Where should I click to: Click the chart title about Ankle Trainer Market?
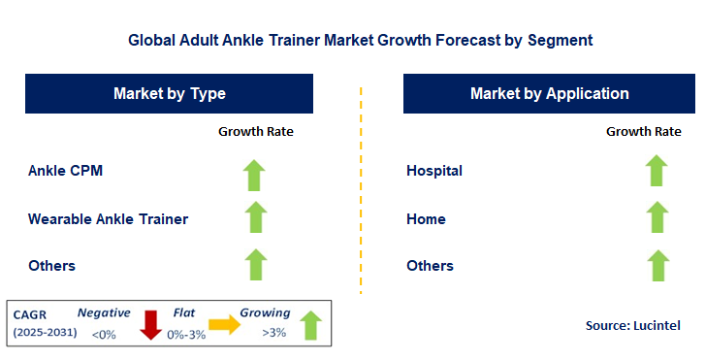coord(360,41)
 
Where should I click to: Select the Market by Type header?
coord(170,94)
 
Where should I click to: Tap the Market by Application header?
coord(549,94)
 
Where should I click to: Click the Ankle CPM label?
coord(65,171)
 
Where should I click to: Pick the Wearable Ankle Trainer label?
coord(108,218)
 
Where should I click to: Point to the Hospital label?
coord(434,171)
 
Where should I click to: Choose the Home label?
coord(426,218)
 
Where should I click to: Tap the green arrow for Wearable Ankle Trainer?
coord(255,218)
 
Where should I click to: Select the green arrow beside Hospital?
coord(657,172)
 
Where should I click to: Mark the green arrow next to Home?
coord(657,218)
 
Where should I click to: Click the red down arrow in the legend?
coord(150,325)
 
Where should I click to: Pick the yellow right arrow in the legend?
coord(225,325)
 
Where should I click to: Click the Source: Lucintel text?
coord(632,325)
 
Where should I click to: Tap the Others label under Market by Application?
coord(430,265)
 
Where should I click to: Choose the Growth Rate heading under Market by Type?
coord(255,131)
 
